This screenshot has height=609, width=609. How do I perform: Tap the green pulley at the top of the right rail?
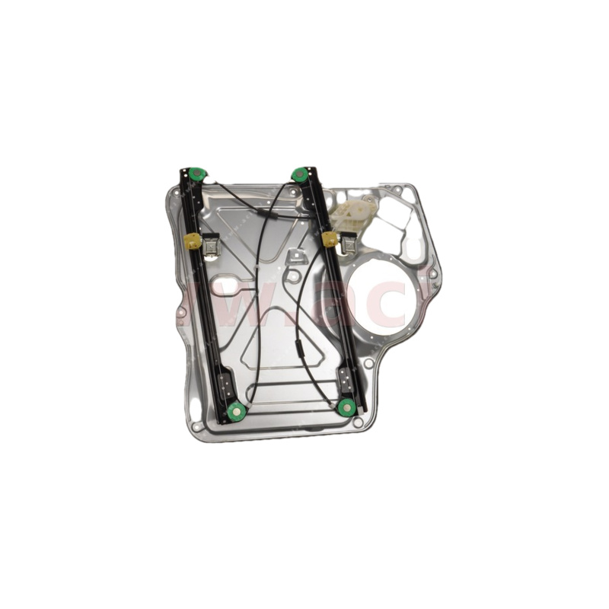click(299, 174)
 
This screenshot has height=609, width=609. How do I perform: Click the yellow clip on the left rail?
click(193, 242)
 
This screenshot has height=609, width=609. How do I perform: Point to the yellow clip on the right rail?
click(330, 239)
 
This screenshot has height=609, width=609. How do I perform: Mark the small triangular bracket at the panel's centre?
click(295, 258)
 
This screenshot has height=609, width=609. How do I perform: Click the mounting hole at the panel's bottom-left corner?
click(197, 426)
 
